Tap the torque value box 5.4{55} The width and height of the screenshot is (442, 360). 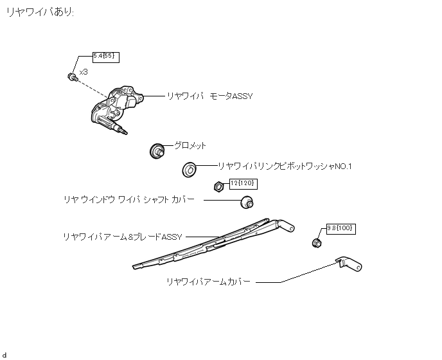(x=106, y=57)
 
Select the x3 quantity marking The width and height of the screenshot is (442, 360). (x=83, y=72)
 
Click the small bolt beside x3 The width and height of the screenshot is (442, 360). (x=71, y=76)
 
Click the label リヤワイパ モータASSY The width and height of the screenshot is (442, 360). (x=209, y=96)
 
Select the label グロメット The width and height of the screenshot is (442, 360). (x=190, y=146)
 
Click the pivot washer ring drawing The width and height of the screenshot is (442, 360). (x=190, y=170)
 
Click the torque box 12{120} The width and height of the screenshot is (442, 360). (x=243, y=183)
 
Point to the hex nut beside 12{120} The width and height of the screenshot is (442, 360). (x=217, y=187)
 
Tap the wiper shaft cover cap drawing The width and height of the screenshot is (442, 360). (x=246, y=203)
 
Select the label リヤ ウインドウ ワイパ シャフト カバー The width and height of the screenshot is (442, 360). (x=128, y=200)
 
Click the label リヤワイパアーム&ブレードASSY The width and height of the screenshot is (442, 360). (x=122, y=237)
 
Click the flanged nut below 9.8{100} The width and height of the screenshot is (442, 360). (x=316, y=242)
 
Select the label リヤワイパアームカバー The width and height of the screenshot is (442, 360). (x=208, y=282)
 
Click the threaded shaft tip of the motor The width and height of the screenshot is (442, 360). (x=122, y=130)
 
